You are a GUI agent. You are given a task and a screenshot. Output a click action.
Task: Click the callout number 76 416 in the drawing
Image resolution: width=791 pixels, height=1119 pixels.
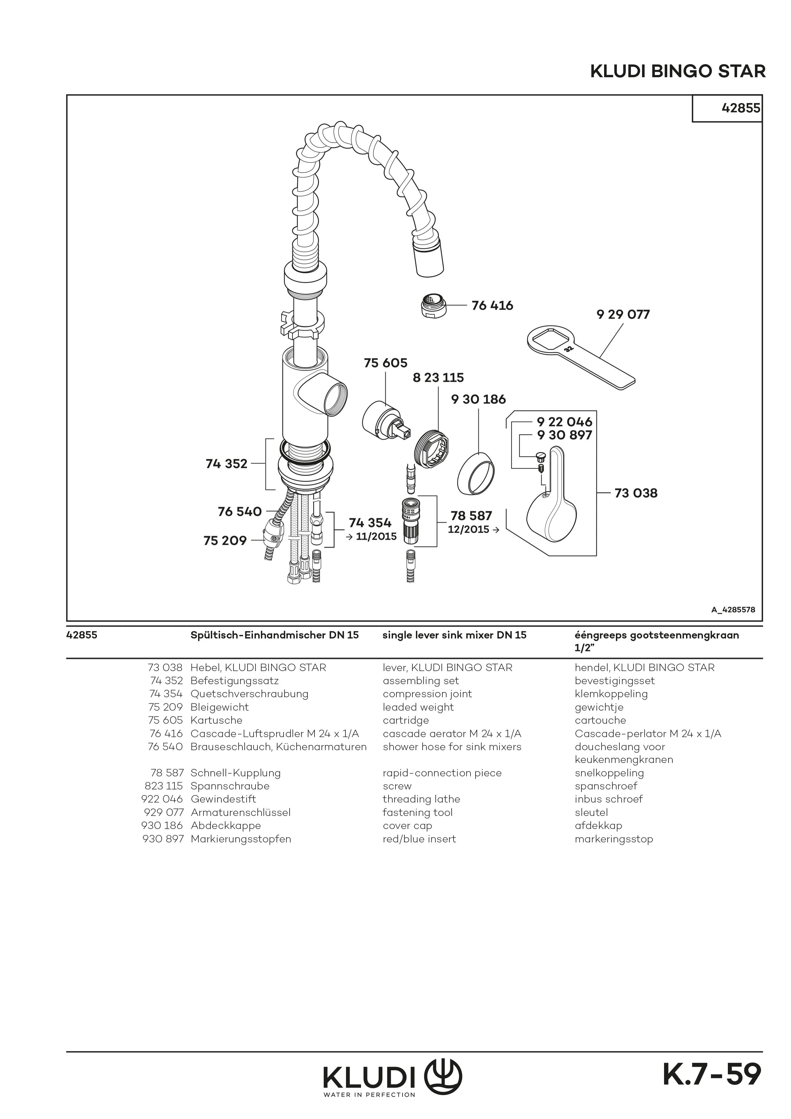tap(492, 306)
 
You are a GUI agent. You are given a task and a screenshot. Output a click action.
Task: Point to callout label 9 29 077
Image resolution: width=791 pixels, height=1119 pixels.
tap(623, 314)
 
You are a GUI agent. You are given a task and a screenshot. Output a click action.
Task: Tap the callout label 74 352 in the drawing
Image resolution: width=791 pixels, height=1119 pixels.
tap(227, 464)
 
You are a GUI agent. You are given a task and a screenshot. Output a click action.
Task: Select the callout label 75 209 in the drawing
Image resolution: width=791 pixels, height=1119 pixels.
tap(225, 540)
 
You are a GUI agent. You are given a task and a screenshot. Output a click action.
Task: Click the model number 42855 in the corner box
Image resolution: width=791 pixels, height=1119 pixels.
tap(740, 108)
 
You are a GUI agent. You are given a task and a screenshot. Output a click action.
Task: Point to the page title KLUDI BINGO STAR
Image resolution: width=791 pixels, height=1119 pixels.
tap(677, 72)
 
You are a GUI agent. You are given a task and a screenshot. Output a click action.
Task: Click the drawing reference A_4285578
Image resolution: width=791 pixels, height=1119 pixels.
tap(733, 609)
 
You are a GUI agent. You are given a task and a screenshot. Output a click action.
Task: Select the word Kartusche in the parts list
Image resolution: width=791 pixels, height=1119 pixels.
tap(216, 720)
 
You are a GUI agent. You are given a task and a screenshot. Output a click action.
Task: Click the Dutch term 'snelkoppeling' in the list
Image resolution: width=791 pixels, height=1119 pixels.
tap(609, 773)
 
